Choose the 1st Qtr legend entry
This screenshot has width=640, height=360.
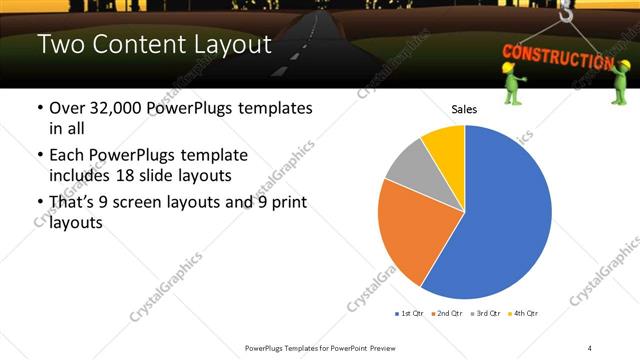(409, 314)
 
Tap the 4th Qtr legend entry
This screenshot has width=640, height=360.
(525, 314)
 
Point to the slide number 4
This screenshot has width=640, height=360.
(590, 347)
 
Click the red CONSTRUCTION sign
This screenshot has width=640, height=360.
(556, 56)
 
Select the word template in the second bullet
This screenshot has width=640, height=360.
(211, 156)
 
